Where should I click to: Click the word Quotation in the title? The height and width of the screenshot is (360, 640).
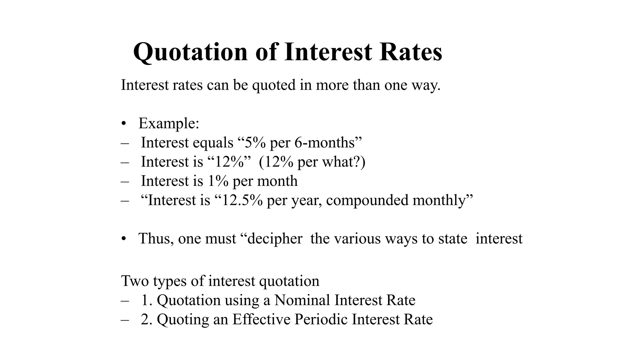coord(190,52)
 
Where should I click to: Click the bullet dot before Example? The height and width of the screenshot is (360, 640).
coord(124,124)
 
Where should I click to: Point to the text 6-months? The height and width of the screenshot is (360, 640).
coord(324,143)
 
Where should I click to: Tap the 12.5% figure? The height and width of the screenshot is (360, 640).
coord(242,200)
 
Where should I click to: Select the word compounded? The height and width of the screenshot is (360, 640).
coord(367,200)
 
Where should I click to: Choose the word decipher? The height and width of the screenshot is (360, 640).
coord(275,239)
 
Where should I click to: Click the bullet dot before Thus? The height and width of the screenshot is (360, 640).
coord(124,239)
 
